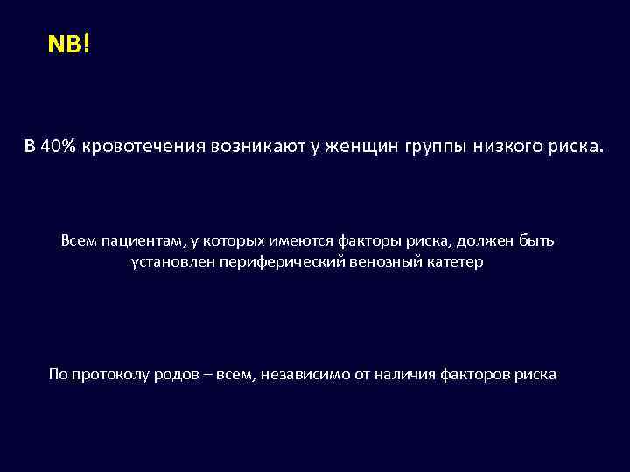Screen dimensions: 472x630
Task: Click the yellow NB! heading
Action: coord(68,45)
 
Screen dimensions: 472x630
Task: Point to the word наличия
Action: coord(403,375)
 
